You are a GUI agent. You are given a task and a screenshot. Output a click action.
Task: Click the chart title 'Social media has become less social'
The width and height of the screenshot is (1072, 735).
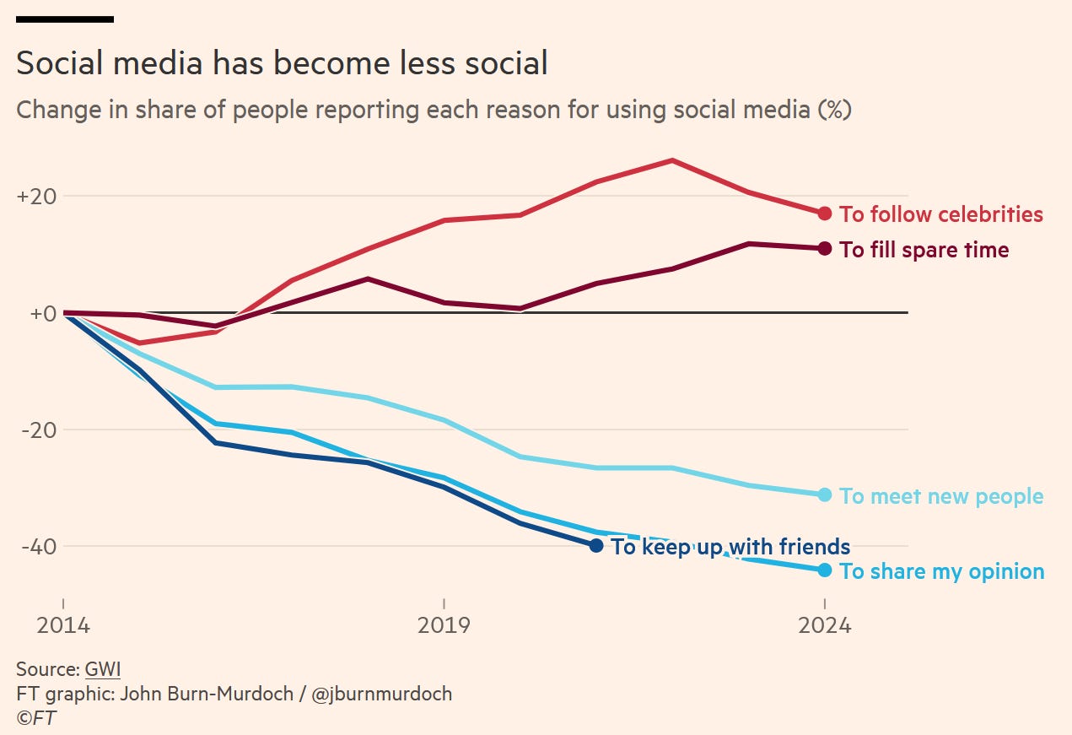[x=282, y=64]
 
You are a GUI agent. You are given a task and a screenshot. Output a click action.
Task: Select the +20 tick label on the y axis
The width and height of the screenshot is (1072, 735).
[x=36, y=197]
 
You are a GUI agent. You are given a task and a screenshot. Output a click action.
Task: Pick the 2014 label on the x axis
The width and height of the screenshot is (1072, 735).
[x=62, y=626]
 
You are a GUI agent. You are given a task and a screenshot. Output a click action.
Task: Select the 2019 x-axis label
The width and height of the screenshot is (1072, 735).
[x=444, y=626]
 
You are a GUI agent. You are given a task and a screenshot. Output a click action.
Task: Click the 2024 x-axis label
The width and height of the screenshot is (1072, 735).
[x=824, y=626]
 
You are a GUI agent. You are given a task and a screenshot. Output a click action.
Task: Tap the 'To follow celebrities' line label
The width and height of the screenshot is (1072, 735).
[x=941, y=214]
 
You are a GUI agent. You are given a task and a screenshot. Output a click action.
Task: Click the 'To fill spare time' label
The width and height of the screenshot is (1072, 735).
[x=924, y=250]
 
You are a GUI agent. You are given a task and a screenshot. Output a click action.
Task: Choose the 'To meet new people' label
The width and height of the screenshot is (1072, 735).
[x=941, y=496]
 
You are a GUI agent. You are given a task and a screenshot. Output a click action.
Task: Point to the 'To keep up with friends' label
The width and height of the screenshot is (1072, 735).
[x=730, y=547]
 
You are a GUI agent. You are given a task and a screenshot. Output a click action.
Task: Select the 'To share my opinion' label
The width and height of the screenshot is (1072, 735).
[x=942, y=571]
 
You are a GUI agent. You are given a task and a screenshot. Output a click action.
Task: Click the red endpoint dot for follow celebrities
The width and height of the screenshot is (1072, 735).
[x=825, y=213]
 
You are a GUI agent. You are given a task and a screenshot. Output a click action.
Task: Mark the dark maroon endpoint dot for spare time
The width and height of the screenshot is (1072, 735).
[x=825, y=249]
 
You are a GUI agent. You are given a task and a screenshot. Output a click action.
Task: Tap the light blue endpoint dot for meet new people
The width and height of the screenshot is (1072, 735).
[x=825, y=495]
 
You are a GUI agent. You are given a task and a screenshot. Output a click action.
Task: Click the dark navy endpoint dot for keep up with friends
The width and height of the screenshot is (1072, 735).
[x=596, y=546]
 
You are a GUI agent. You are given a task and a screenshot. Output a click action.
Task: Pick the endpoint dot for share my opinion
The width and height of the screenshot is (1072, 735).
[x=825, y=570]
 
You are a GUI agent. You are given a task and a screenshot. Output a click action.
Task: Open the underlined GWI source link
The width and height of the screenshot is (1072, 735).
[x=103, y=670]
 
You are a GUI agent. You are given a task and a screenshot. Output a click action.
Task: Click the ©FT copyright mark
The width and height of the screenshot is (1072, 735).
[x=36, y=718]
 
